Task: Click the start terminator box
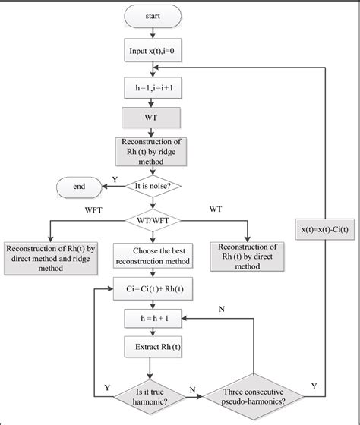[x=153, y=15]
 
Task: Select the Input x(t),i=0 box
[x=153, y=53]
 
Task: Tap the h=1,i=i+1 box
[x=153, y=90]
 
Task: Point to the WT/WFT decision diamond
[x=153, y=220]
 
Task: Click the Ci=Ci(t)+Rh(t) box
[x=153, y=288]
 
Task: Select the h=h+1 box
[x=153, y=317]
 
